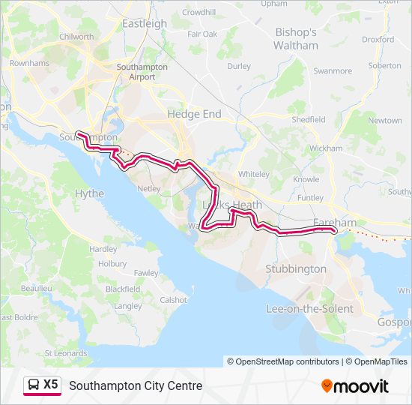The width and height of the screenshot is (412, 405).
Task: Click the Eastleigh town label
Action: [145, 23]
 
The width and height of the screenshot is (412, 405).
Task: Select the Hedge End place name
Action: [194, 114]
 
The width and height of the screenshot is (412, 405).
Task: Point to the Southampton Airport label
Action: [136, 71]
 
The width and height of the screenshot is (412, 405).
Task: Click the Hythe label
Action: [90, 193]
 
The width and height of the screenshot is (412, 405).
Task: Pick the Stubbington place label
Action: [296, 268]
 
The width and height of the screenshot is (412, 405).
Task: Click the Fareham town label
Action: [335, 223]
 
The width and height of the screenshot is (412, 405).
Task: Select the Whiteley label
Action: [253, 174]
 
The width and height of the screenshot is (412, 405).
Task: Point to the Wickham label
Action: [325, 148]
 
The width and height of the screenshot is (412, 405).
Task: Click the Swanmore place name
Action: [333, 71]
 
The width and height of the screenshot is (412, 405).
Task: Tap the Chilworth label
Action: [76, 37]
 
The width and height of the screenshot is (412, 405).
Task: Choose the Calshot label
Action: [174, 300]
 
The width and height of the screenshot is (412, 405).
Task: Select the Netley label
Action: [149, 188]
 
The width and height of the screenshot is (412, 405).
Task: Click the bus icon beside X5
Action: [33, 385]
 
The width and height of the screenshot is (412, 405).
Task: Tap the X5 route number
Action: [50, 385]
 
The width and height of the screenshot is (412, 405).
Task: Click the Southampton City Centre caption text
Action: [136, 386]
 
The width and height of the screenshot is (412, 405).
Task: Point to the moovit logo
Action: [355, 386]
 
